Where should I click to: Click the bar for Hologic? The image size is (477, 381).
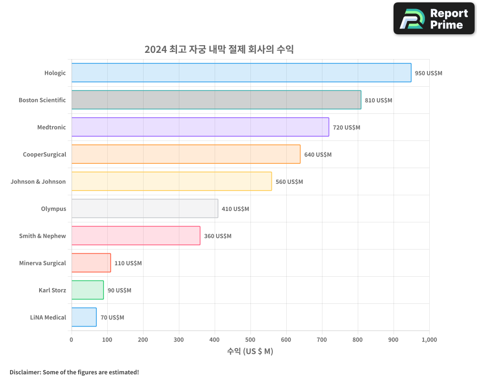click(241, 73)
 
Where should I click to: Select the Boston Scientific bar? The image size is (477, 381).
click(216, 100)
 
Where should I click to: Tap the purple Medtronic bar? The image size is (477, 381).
click(200, 127)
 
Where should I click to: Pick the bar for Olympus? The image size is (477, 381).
click(145, 209)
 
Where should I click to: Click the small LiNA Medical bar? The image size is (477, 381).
click(84, 317)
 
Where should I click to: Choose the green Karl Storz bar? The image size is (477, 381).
click(87, 290)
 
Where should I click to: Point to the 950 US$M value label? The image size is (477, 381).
click(428, 73)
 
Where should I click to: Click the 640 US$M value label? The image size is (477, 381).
click(318, 155)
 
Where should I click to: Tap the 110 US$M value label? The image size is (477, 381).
click(128, 263)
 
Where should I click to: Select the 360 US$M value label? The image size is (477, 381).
click(218, 236)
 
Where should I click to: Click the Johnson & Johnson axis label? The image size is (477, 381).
click(38, 181)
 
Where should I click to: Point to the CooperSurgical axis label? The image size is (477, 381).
click(44, 154)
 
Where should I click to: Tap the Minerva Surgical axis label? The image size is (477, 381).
click(42, 263)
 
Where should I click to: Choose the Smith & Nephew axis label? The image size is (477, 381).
click(42, 236)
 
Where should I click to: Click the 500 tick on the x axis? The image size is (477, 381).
click(250, 340)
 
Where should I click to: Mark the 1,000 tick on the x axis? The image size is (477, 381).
click(429, 340)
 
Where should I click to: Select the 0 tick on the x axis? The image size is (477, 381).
click(72, 340)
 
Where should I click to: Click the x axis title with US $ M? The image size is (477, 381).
click(250, 351)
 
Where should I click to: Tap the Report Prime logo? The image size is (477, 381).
click(434, 19)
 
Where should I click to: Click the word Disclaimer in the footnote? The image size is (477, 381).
click(25, 372)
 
